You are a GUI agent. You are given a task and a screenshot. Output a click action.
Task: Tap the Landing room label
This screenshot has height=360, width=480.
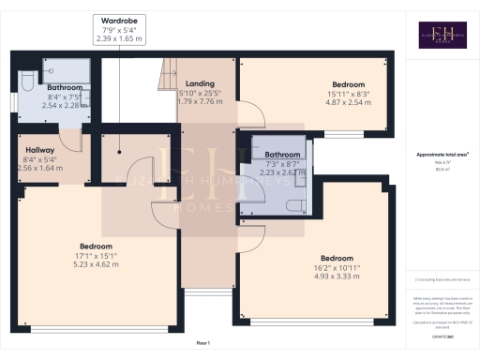201,83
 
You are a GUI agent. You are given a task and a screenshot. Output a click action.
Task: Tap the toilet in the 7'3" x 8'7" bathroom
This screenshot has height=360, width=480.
294,206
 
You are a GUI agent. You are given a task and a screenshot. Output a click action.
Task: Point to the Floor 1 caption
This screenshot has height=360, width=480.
202,344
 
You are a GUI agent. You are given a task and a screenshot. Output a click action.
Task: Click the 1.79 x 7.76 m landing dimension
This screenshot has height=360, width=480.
201,101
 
